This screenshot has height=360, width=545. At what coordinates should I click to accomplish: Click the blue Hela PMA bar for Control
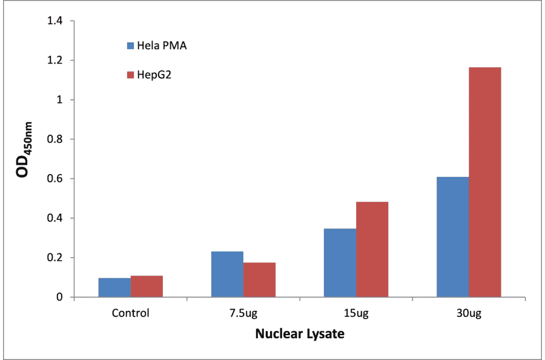point(114,287)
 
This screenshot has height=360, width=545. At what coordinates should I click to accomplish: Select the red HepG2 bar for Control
point(147,286)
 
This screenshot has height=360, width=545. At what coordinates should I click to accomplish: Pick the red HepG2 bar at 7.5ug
point(259,279)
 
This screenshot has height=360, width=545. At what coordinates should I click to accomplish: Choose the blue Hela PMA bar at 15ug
point(340,262)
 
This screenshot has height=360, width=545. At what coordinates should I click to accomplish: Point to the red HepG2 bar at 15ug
point(372,249)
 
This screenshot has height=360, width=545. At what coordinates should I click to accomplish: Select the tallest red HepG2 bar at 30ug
point(484,182)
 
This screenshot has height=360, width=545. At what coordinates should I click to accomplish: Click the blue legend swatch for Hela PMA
point(130,45)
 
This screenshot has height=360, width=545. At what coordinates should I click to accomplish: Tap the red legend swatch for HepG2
point(130,75)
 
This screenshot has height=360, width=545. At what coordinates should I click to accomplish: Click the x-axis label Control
point(130,313)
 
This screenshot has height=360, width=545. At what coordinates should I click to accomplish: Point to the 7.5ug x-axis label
point(243,313)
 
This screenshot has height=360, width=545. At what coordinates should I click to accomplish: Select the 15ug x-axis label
point(355,313)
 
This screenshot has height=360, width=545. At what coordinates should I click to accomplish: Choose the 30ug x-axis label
point(468,313)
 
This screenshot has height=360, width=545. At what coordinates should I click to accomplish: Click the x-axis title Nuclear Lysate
point(300,334)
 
